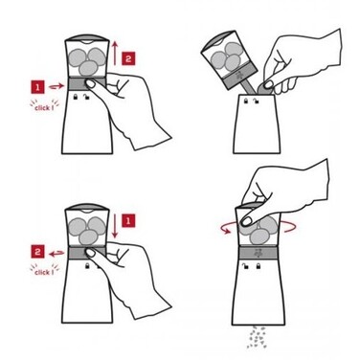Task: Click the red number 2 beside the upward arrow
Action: point(128,58)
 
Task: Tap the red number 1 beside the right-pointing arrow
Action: point(37,87)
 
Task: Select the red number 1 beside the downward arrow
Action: point(128,220)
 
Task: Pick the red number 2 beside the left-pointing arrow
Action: point(37,252)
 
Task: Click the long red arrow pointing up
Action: point(115,53)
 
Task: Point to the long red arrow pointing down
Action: point(115,225)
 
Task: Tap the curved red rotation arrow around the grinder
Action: point(259,228)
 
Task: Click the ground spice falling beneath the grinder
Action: point(257,337)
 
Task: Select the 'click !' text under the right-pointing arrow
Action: point(44,107)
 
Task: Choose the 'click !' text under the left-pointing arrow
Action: point(44,272)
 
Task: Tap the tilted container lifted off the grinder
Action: point(229,61)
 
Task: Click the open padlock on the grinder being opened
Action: point(86,97)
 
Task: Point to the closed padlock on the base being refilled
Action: point(245,101)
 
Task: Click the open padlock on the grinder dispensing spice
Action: point(245,265)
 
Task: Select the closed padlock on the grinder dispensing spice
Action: point(258,265)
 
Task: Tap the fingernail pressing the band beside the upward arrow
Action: point(91,84)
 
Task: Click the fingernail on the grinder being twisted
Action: point(246,220)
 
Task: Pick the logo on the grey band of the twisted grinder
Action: point(257,253)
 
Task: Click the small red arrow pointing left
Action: point(56,254)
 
